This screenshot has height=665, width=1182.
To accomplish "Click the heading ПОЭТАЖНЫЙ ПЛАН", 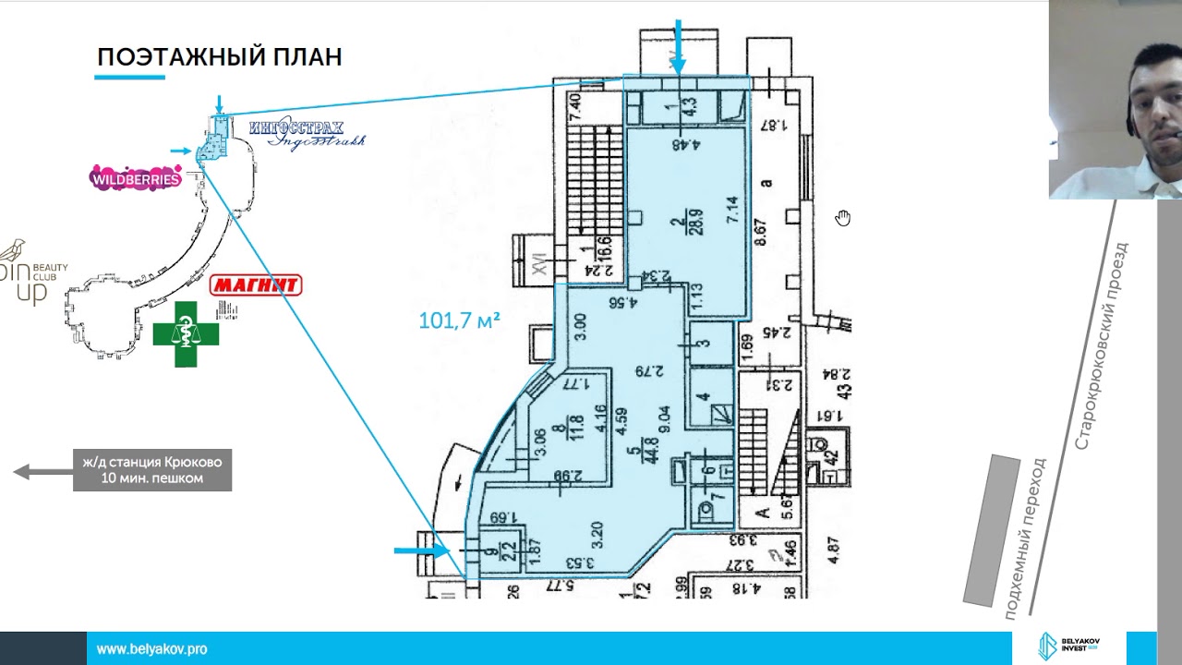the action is coord(220,57).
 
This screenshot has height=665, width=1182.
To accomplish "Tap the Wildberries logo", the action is coord(135,178).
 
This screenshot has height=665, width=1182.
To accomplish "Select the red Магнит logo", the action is coord(256,284).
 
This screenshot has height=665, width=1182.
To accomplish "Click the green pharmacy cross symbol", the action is coord(186,333).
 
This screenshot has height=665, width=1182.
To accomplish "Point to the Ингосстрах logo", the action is coord(305,133).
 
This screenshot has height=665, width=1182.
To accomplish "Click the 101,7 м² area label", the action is coord(459,320).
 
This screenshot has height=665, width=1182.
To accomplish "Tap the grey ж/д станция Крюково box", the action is coord(152,470).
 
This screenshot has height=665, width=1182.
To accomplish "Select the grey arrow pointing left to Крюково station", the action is coord(42,472).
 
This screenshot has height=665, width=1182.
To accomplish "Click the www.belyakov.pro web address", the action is coord(152,649).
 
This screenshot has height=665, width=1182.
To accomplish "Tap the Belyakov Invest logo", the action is coord(1070,646).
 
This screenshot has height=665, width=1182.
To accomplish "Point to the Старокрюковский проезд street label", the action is coord(1102,345).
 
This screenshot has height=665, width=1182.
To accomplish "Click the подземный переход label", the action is coord(1025,538).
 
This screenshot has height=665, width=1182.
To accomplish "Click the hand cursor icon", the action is coord(843,218).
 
